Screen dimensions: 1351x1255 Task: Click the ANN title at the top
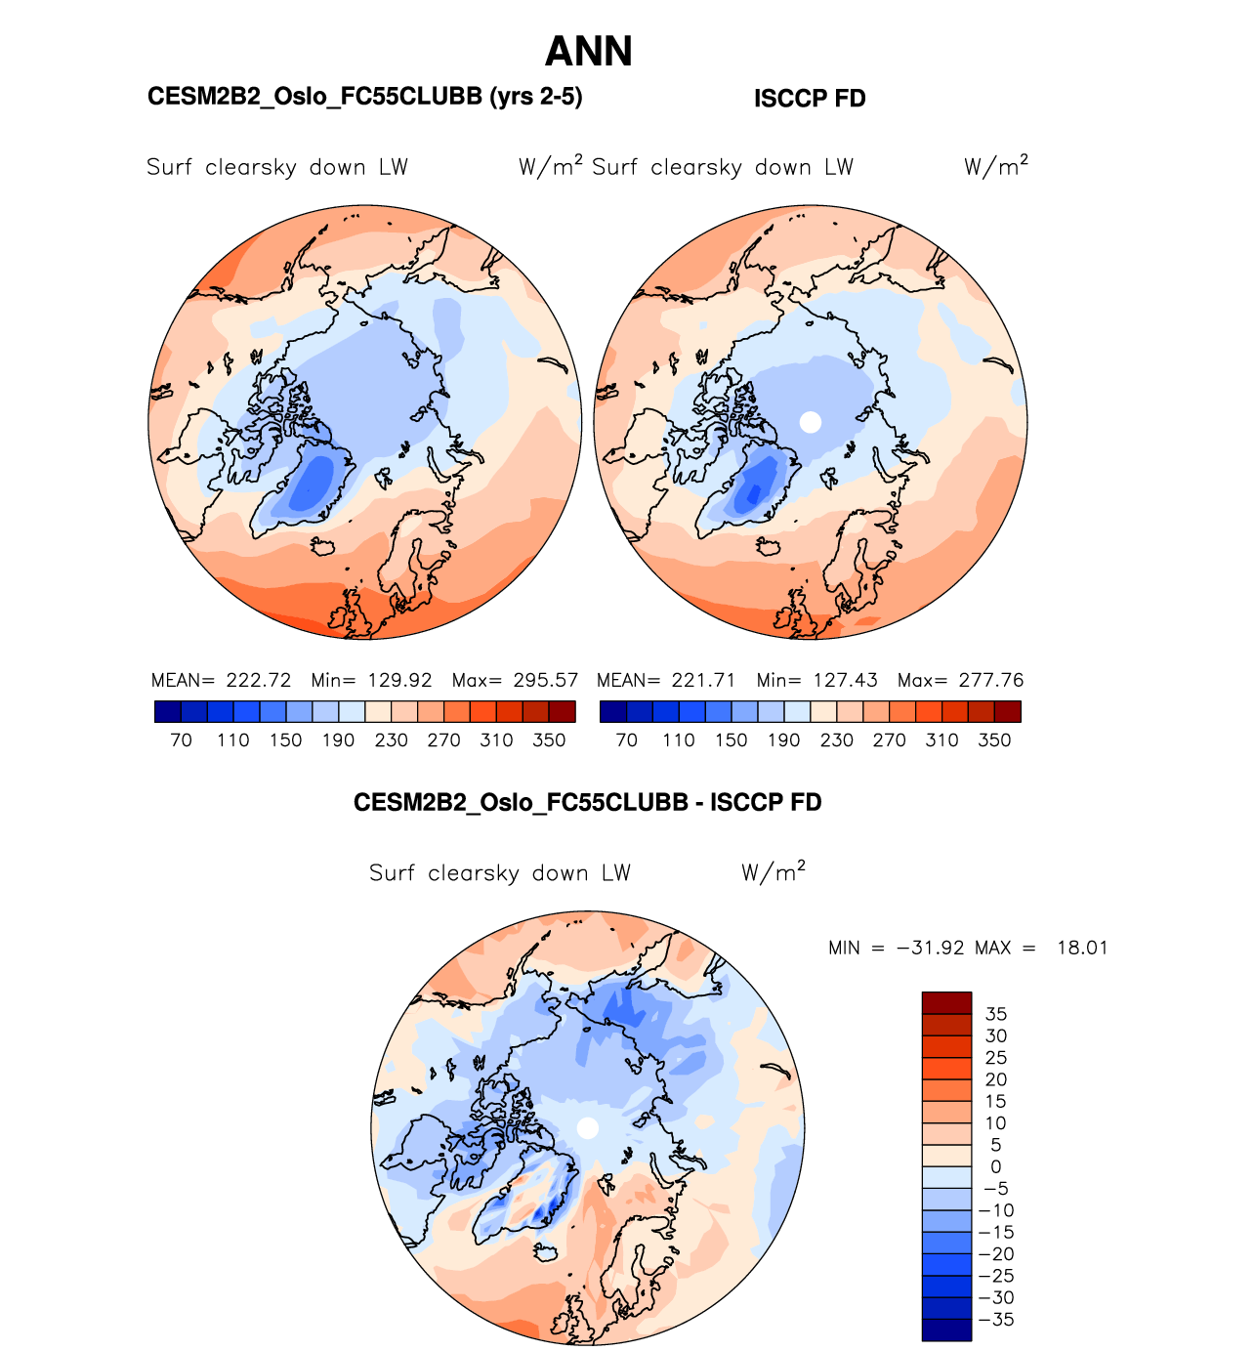click(x=588, y=52)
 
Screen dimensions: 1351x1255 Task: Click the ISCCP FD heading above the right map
click(x=810, y=99)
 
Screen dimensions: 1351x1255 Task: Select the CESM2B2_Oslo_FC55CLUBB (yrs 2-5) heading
click(x=364, y=97)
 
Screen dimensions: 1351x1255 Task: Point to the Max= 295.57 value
click(x=515, y=680)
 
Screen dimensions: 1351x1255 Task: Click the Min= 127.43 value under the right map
click(x=816, y=680)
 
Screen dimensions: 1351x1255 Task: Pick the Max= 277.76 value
click(x=960, y=680)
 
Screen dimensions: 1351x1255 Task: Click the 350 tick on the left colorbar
click(x=549, y=740)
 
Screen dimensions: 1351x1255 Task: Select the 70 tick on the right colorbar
click(x=626, y=740)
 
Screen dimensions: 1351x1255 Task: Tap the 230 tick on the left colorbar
click(x=391, y=740)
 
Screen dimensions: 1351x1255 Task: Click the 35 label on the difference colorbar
click(x=995, y=1014)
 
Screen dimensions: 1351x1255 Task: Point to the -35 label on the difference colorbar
click(x=995, y=1320)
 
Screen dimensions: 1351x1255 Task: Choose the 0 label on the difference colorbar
click(x=995, y=1166)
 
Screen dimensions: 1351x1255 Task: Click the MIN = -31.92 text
click(x=896, y=948)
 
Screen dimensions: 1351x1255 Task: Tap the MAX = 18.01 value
click(x=1041, y=948)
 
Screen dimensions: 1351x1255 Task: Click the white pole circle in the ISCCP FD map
click(x=810, y=422)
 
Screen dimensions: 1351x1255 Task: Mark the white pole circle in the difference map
click(x=587, y=1128)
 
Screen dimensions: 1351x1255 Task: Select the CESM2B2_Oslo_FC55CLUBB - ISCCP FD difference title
click(x=587, y=803)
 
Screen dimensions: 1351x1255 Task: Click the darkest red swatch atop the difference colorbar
click(x=946, y=1002)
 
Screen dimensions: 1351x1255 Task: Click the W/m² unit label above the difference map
click(x=773, y=871)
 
